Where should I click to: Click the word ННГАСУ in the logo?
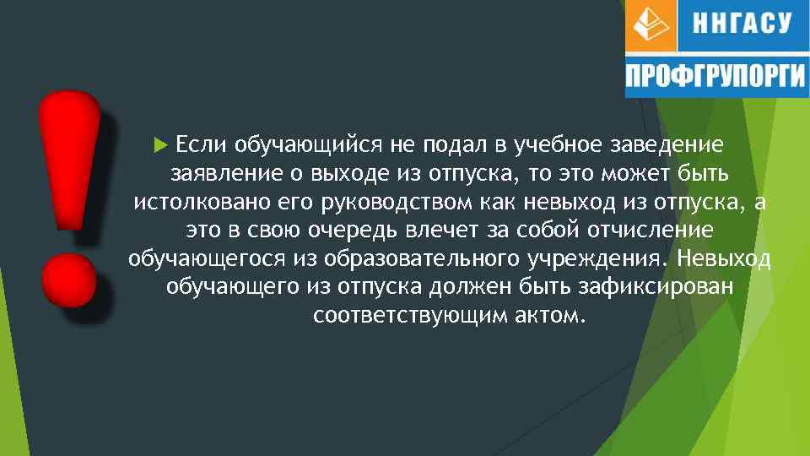(742, 23)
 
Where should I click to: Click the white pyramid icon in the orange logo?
(650, 25)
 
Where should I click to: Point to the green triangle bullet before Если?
(163, 144)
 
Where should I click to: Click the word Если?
(200, 144)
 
